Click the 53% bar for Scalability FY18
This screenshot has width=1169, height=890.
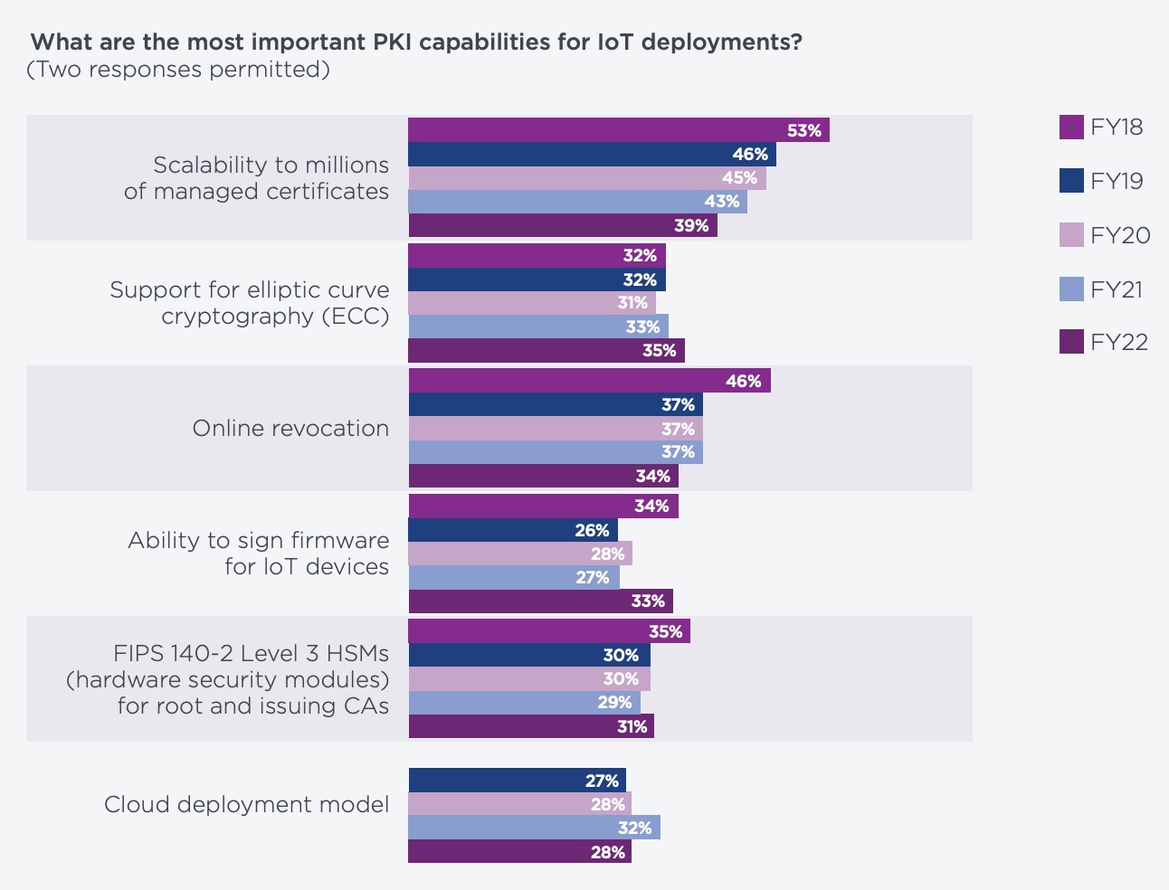click(618, 130)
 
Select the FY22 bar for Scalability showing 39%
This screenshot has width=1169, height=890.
click(562, 225)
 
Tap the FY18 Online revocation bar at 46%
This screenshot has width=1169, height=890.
click(589, 381)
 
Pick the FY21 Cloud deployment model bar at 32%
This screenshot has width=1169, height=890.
click(534, 828)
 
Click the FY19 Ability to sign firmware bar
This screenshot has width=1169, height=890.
click(512, 530)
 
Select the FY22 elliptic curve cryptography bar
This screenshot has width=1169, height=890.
click(546, 351)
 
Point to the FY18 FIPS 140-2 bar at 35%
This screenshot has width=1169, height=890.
click(548, 631)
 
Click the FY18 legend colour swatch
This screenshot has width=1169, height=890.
click(1071, 128)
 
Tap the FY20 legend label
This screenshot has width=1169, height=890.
click(1119, 236)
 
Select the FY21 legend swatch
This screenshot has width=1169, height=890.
click(1071, 289)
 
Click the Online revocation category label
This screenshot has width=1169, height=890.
click(290, 429)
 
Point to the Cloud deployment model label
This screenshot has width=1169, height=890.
click(247, 805)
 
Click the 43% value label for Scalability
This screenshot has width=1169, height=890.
click(722, 202)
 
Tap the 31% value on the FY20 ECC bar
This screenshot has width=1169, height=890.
click(632, 303)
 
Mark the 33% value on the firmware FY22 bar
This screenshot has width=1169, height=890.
click(648, 601)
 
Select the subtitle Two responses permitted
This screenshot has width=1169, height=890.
click(178, 70)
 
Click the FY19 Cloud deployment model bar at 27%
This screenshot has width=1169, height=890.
click(517, 781)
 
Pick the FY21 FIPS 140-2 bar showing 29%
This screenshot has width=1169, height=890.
click(524, 703)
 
